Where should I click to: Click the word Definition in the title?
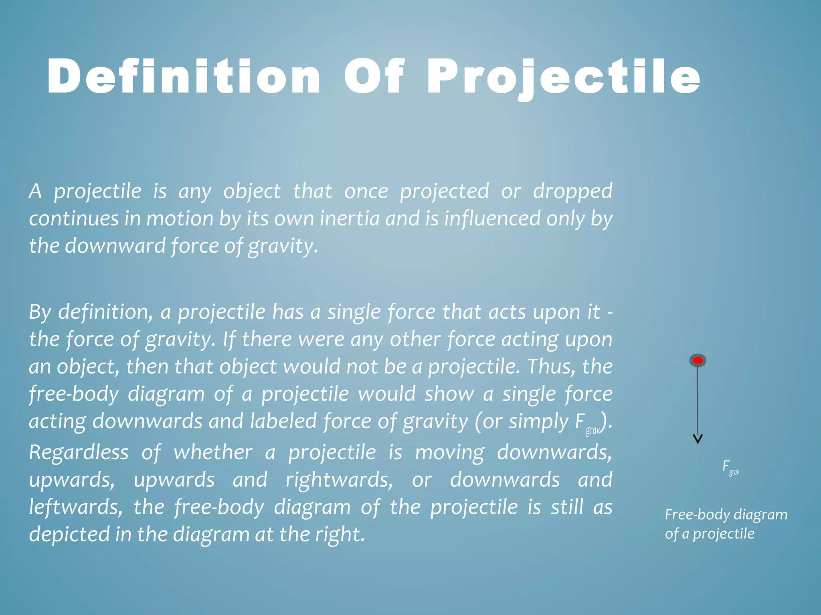coord(184,76)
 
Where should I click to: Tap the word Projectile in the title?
coord(563,76)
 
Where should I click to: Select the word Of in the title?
coord(374,76)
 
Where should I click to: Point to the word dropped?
coord(572,191)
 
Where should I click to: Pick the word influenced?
coord(492,219)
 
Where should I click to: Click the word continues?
coord(74,219)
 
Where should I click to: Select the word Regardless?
coord(79,452)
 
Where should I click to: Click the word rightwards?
coord(339,480)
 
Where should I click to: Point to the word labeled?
coord(283,421)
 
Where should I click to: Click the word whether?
coord(213,452)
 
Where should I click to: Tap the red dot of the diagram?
coord(698,360)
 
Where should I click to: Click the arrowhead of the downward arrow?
coord(698,439)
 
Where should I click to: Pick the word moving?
coord(449,452)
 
